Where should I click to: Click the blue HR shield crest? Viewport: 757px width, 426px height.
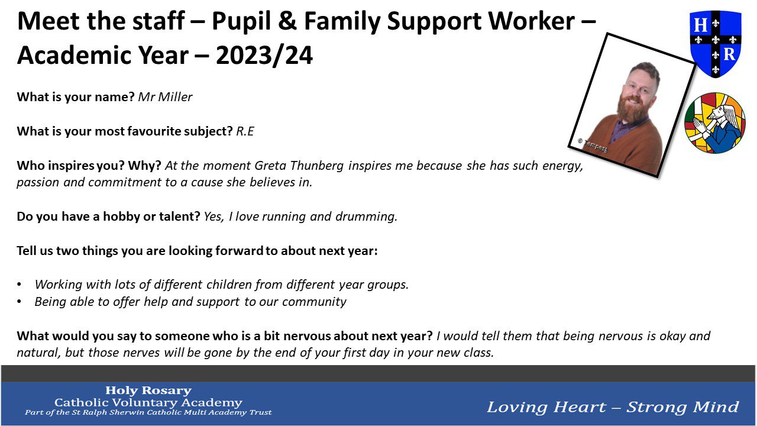click(716, 44)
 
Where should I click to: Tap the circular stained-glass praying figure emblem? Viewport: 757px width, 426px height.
click(715, 122)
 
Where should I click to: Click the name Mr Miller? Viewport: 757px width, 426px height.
click(165, 97)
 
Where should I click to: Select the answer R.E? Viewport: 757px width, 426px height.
click(245, 131)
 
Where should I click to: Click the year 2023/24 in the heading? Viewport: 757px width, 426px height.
click(264, 56)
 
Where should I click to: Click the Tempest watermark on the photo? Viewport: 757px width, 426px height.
click(593, 146)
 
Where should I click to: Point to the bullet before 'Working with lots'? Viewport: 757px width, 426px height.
click(20, 285)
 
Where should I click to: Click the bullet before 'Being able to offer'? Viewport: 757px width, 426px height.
click(20, 302)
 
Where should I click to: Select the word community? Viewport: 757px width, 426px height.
click(314, 302)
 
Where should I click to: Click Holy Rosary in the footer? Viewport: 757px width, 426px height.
click(148, 390)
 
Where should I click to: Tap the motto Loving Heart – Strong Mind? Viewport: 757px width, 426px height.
click(613, 407)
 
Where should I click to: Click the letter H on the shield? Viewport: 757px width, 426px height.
click(700, 25)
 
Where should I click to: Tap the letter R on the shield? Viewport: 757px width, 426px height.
click(729, 54)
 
